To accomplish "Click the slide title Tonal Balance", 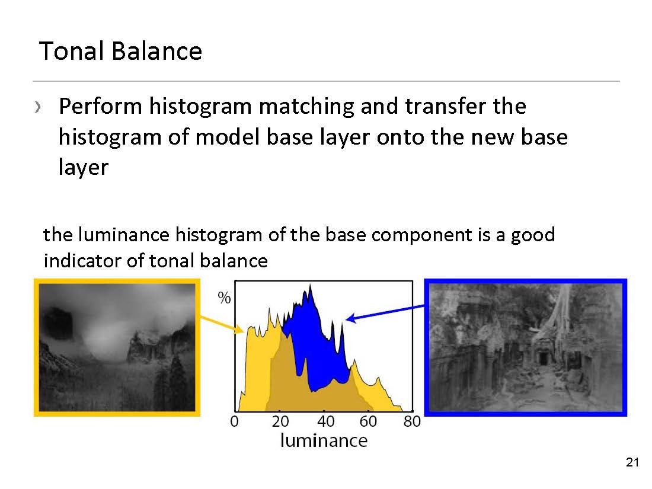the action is [x=120, y=51].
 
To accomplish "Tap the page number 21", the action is [x=632, y=462].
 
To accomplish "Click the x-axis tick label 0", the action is [x=235, y=421].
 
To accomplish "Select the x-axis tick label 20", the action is [x=280, y=421].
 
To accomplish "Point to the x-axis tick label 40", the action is [x=325, y=421].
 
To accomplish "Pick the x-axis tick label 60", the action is [x=368, y=421].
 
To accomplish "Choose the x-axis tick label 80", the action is [x=412, y=421].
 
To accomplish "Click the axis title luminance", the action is [x=324, y=440].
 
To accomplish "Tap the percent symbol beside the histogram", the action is [x=224, y=298].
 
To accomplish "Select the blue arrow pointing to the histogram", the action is [x=385, y=313].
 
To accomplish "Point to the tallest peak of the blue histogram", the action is [x=310, y=285].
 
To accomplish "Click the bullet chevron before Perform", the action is [x=39, y=107].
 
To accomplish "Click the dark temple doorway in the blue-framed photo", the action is [x=543, y=359].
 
